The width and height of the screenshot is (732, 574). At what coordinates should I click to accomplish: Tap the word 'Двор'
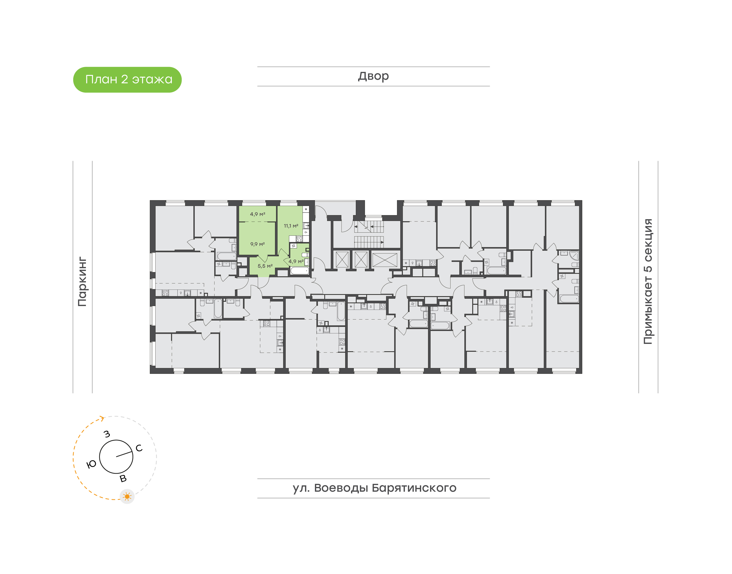tap(373, 76)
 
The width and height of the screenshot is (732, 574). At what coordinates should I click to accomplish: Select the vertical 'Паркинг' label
tap(82, 282)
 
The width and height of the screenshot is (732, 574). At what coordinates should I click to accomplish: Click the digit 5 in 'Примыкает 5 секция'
tap(648, 269)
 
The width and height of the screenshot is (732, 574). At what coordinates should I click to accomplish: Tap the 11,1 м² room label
tap(291, 226)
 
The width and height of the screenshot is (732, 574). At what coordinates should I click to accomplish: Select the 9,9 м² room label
tap(257, 244)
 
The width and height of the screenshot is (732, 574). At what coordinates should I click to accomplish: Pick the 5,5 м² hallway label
tap(265, 266)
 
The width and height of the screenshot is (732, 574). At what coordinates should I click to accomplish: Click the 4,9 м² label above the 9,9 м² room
tap(257, 214)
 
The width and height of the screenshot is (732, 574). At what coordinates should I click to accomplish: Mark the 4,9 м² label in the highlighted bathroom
tap(296, 261)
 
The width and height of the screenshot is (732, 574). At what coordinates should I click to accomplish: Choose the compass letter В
tap(123, 478)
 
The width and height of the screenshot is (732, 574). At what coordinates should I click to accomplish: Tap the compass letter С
tap(139, 448)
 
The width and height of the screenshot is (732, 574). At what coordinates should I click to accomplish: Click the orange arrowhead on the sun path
tap(102, 418)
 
